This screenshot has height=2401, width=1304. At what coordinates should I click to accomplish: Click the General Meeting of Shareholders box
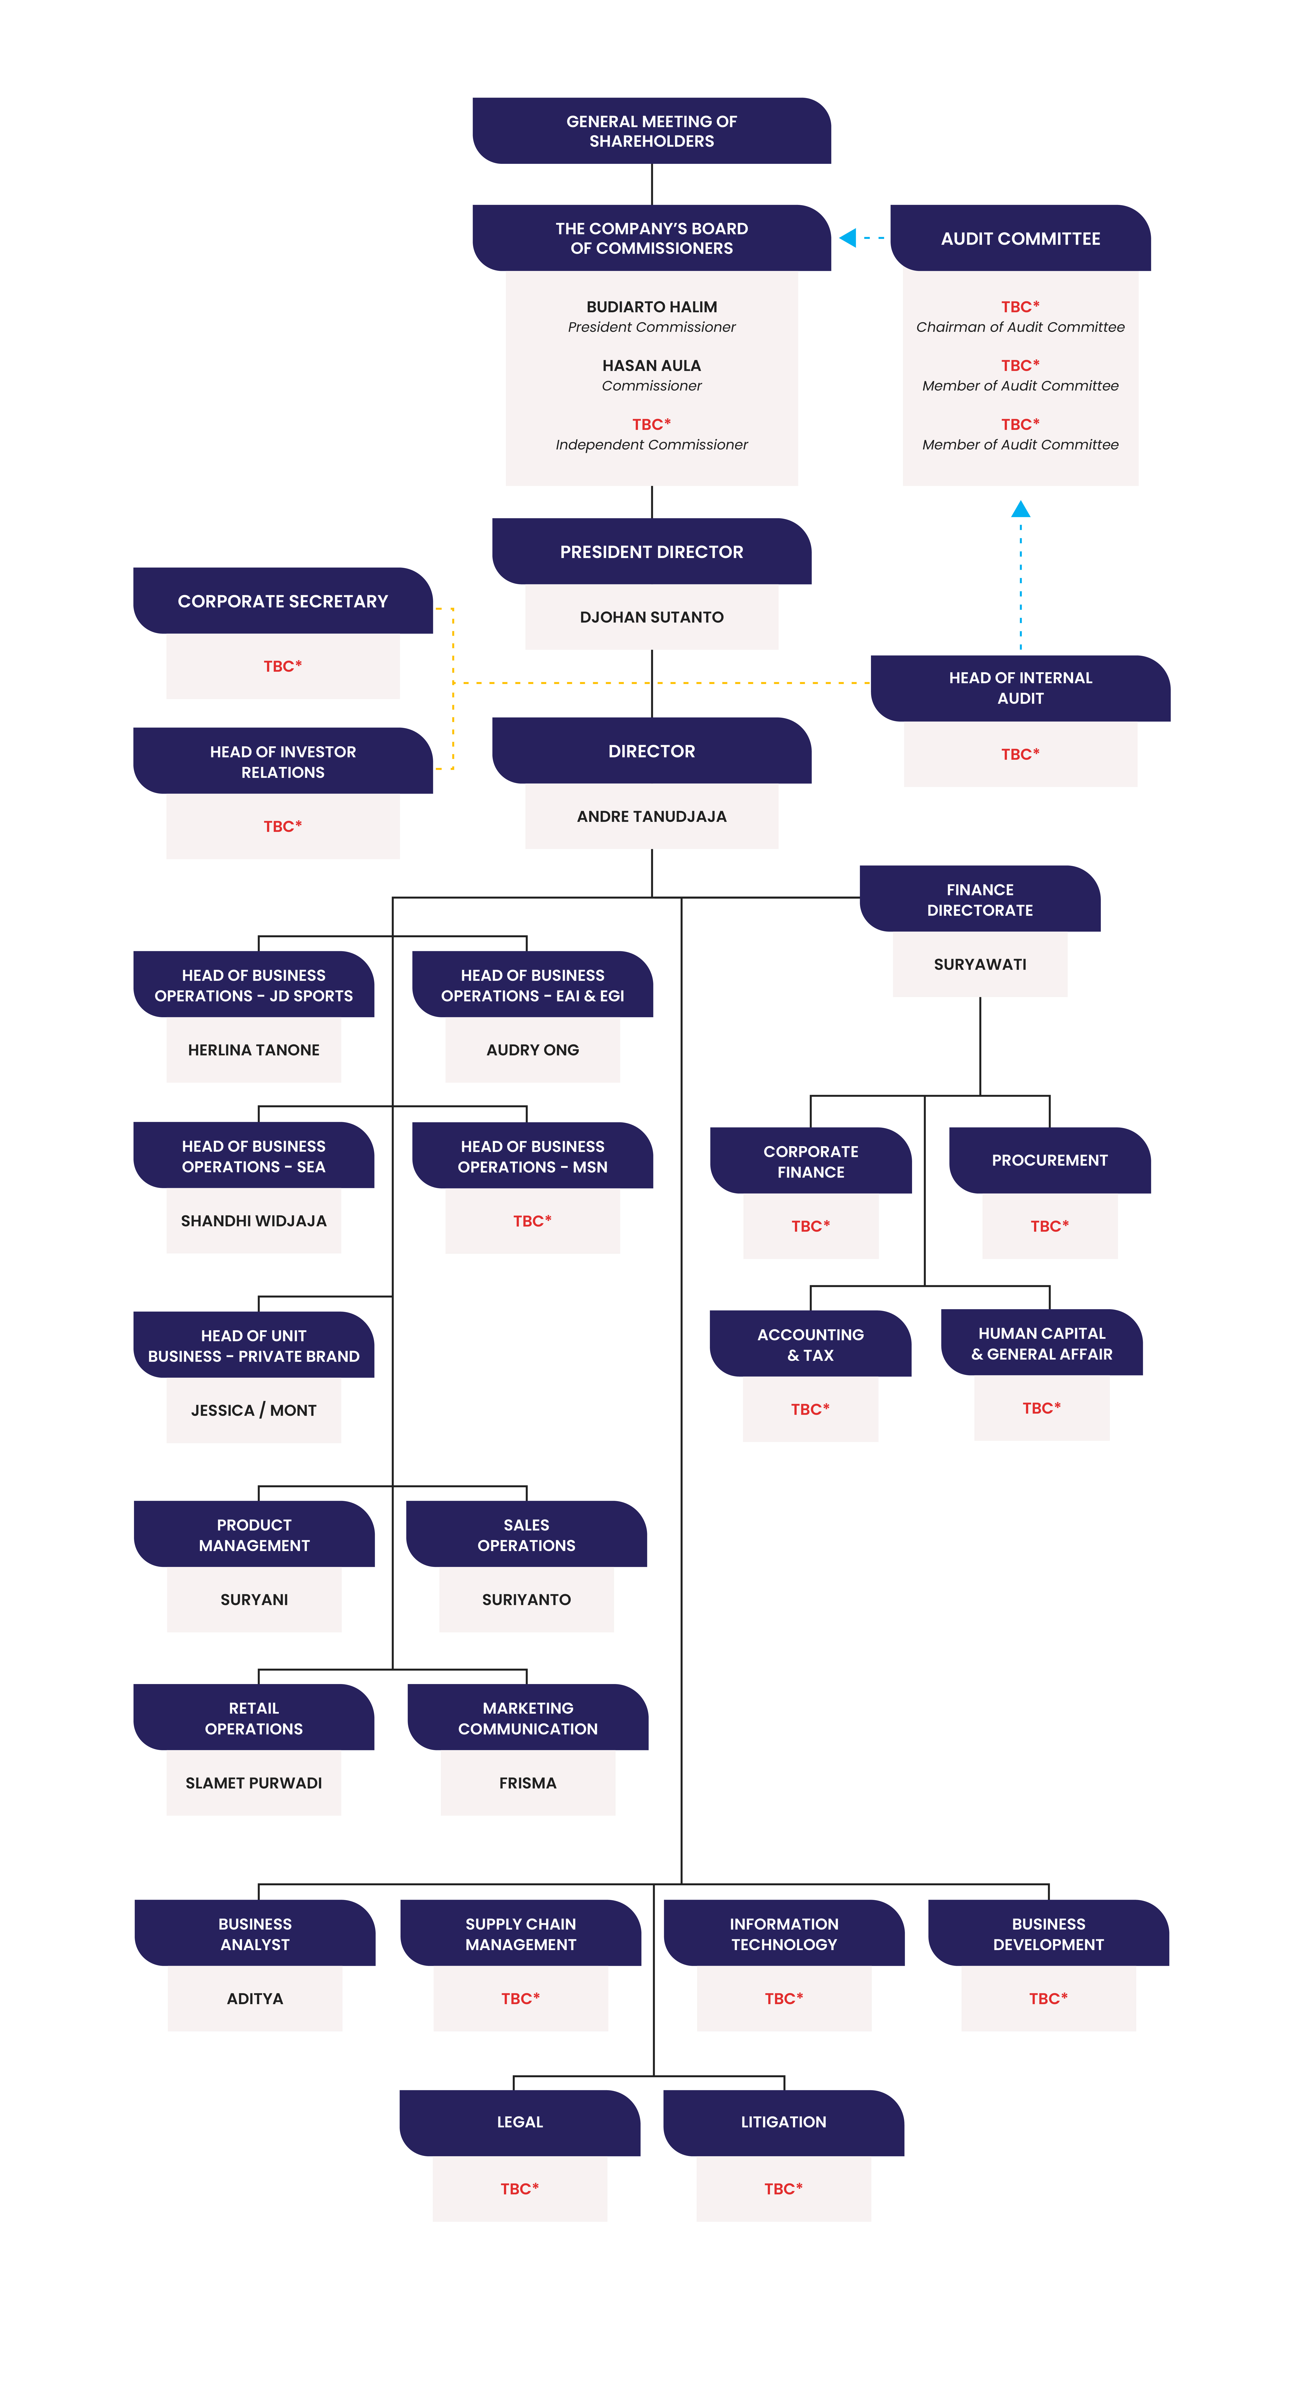652,131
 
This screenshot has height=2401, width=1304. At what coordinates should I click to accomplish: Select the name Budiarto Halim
652,307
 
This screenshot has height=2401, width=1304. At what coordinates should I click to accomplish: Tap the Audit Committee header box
1021,238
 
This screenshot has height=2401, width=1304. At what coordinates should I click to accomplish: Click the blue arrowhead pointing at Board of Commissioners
847,238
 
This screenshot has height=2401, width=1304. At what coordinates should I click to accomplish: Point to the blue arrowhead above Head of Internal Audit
1021,509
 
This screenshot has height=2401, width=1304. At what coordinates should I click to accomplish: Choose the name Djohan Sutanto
652,617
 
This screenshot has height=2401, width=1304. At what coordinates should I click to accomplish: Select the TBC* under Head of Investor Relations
282,826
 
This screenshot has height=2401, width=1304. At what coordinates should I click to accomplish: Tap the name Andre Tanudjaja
652,816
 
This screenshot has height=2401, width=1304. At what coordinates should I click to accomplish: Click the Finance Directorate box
980,899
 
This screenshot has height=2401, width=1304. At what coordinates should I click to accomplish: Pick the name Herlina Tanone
254,1050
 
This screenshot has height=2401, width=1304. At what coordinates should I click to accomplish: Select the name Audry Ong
532,1050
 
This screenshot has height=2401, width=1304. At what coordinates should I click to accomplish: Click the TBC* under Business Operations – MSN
532,1221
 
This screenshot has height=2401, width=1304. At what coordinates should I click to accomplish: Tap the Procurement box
1049,1161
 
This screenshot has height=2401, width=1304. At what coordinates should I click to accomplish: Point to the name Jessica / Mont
254,1410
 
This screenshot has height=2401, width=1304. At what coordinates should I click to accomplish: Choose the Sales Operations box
527,1534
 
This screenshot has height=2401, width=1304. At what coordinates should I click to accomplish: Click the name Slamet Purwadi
254,1783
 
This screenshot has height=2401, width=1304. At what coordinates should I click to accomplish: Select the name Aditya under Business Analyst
255,1998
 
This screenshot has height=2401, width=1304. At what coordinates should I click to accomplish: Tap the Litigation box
784,2122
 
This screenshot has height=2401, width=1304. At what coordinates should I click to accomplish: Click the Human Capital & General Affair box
1042,1343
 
